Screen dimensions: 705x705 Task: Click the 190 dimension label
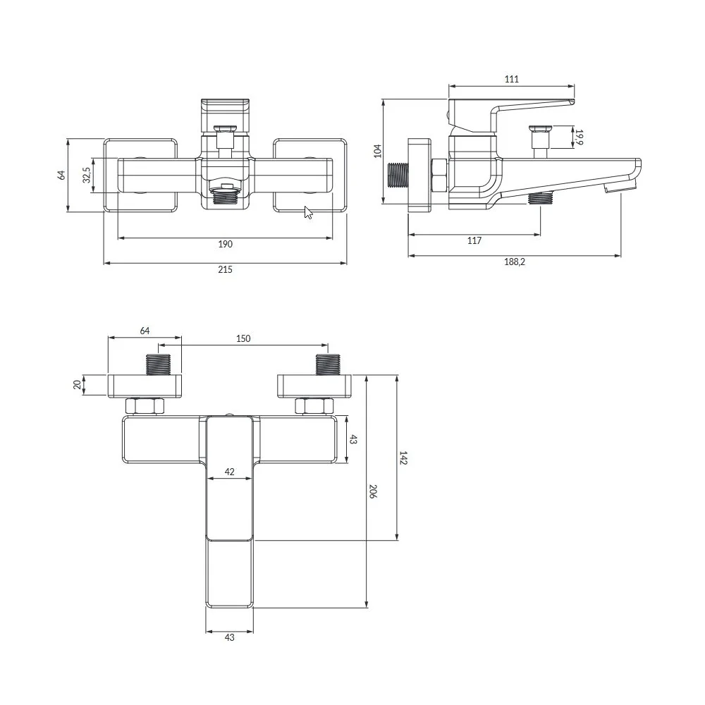pos(226,244)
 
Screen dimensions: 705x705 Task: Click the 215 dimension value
pos(226,269)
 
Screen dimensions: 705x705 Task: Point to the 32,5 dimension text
pos(87,175)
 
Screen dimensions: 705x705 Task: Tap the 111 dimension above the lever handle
pos(512,79)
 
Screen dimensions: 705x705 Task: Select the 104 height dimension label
pos(377,151)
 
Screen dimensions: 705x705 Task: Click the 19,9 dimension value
pos(579,137)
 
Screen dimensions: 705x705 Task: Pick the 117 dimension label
pos(474,240)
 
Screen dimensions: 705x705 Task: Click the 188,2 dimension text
pos(515,262)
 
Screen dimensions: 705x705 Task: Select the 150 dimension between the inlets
pos(243,338)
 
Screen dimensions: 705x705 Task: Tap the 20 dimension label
pos(77,385)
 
